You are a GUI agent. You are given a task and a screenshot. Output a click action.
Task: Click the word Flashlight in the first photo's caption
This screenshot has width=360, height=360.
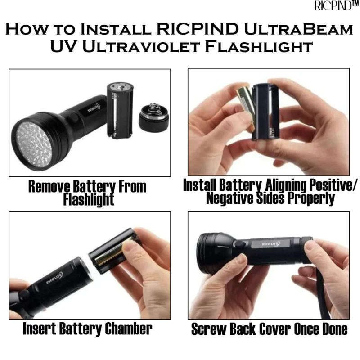point(89,199)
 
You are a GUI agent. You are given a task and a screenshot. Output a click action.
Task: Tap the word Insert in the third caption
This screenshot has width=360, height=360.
point(42,329)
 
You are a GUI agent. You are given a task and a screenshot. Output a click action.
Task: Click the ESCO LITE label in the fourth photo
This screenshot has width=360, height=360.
point(270,246)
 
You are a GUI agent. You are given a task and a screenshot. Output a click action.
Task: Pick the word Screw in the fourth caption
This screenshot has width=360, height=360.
point(208,329)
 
